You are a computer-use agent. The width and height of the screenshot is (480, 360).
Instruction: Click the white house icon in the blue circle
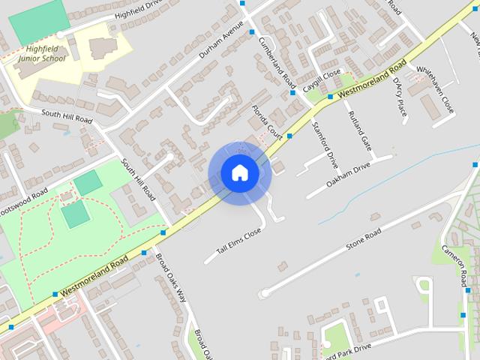coord(240,173)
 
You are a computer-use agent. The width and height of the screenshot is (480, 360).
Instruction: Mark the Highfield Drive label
coord(138,10)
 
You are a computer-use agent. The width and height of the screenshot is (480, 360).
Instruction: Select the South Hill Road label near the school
coord(67,117)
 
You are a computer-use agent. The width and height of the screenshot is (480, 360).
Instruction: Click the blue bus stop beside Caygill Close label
coord(331,96)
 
